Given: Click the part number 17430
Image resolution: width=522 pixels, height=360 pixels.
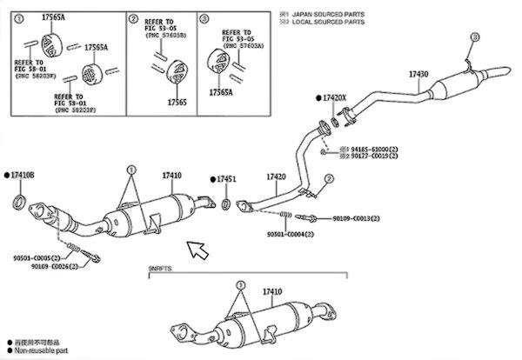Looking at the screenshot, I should tap(418, 75).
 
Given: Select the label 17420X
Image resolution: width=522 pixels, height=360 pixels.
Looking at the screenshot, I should tap(336, 98).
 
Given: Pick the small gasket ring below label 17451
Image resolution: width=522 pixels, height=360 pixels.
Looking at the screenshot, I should tap(225, 205).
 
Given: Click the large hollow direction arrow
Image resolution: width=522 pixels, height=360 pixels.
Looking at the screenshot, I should tap(199, 251).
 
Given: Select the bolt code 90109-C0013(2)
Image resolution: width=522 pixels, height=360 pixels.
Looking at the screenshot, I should tap(356, 218).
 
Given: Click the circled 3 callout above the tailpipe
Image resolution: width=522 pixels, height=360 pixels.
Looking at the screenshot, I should tap(473, 37).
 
